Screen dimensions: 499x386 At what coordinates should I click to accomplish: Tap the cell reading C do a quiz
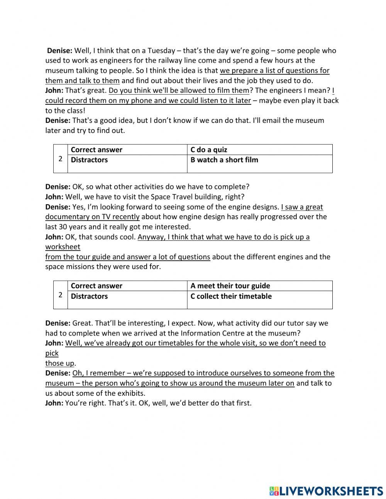[x=209, y=150]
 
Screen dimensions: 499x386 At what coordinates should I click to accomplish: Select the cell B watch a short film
[x=224, y=160]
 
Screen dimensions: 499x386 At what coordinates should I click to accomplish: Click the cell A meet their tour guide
[x=230, y=286]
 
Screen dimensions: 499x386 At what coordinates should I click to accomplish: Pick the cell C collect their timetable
[x=231, y=296]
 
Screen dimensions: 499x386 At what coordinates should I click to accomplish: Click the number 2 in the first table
[x=60, y=159]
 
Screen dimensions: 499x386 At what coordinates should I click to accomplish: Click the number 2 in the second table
[x=60, y=295]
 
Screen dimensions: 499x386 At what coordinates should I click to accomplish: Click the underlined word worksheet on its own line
[x=63, y=247]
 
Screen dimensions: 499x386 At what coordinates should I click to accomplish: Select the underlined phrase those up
[x=60, y=363]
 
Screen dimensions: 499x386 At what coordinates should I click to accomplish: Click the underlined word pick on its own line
[x=52, y=353]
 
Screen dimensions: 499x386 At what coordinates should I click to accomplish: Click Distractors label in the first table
[x=89, y=160]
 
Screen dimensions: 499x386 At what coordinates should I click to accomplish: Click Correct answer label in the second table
[x=96, y=286]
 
